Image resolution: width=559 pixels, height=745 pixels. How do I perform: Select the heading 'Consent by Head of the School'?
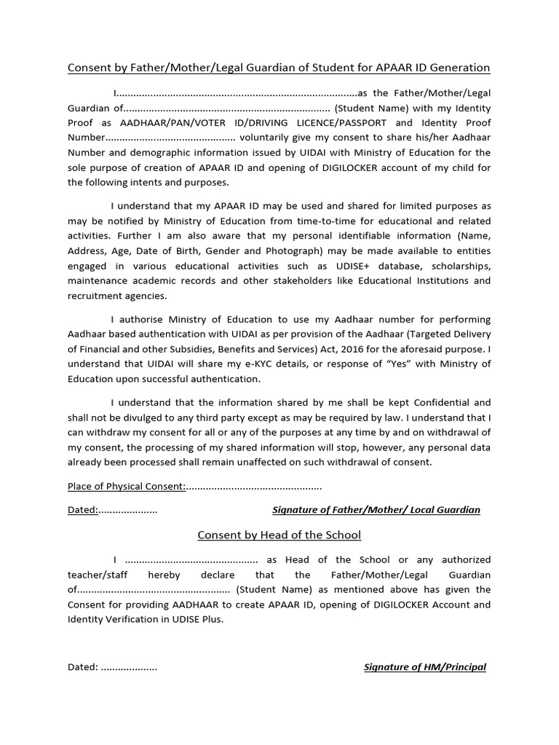click(279, 535)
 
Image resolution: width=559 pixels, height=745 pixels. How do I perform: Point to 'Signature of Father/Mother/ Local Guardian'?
click(376, 510)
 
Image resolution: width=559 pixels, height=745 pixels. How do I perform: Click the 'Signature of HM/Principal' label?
click(425, 667)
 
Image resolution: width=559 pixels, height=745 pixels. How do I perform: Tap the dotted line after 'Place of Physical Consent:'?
click(254, 486)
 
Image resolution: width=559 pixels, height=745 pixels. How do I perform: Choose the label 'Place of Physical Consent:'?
click(127, 486)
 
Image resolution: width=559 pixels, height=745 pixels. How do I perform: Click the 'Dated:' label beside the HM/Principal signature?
click(83, 667)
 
